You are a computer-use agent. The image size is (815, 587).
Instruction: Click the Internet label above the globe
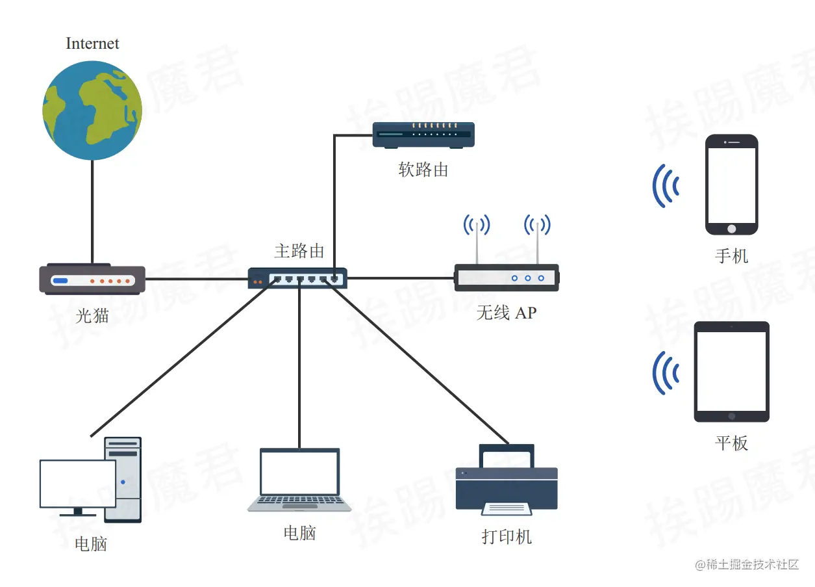92,44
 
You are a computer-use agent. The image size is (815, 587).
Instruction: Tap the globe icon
92,110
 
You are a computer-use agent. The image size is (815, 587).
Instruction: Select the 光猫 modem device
92,280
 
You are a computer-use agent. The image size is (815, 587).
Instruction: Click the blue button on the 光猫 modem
60,281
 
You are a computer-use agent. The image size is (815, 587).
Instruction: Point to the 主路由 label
299,251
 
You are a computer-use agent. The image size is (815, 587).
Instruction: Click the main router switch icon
297,278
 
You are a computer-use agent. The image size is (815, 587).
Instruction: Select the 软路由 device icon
423,135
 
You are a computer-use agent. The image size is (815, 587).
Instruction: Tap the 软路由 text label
423,170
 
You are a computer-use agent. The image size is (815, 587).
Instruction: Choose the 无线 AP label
507,313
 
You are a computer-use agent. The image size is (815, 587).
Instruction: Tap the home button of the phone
732,228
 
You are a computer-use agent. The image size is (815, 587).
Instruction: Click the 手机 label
732,255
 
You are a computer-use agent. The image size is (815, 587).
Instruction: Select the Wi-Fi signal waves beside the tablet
666,373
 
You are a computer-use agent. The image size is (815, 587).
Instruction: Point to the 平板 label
732,443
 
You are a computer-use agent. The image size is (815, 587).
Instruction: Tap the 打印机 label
507,537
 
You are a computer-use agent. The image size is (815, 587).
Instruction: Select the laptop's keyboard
299,502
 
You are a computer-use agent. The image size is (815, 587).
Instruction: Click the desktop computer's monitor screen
78,484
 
